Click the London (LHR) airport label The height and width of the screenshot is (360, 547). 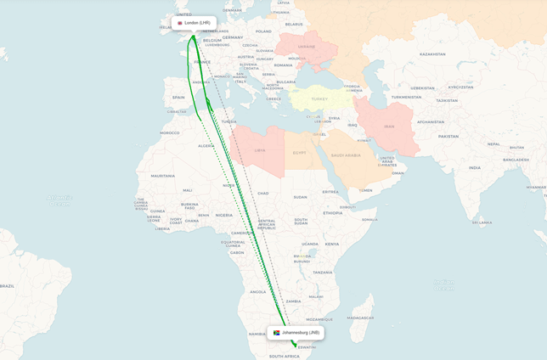coord(197,23)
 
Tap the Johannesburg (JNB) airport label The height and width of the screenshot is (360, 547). coord(301,333)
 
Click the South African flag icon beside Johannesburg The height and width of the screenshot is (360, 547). coord(277,333)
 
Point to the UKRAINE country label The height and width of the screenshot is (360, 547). coord(306,47)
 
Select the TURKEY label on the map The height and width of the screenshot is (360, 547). coord(319,99)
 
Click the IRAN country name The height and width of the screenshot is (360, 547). coord(389,127)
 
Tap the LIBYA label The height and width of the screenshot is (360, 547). coord(259,150)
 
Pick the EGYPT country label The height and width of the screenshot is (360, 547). coord(299,154)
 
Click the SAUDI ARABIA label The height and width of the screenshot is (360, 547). coord(346,155)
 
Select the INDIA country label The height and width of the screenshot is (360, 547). coord(474,167)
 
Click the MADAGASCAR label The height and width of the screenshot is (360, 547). coord(360,318)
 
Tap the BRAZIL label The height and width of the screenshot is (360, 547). coord(7,286)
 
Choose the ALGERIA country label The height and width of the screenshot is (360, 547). coord(206,146)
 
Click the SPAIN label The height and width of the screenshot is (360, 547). coord(178,98)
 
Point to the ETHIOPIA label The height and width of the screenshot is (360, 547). coord(333,213)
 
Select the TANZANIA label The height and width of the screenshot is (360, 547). coord(322,272)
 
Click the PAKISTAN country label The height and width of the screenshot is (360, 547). coord(448,136)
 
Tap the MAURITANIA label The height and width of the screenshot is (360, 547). coord(163,176)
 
